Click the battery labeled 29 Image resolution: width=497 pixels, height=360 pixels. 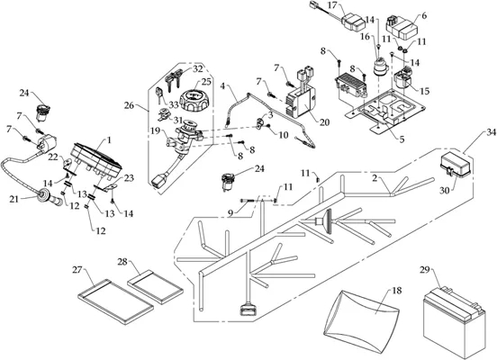[x=454, y=322]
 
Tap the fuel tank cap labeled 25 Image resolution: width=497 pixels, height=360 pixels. [x=194, y=100]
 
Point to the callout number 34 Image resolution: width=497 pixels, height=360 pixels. [x=491, y=132]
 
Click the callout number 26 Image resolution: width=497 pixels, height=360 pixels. [x=129, y=105]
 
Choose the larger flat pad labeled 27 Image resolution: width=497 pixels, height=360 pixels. [x=115, y=301]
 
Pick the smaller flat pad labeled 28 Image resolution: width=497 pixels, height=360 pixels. [x=155, y=287]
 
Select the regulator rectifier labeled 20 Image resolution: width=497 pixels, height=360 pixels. [x=301, y=102]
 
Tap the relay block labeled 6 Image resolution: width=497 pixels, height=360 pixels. [x=402, y=28]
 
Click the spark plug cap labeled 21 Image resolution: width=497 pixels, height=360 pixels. [x=49, y=197]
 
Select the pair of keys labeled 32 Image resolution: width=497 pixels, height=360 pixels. [x=172, y=80]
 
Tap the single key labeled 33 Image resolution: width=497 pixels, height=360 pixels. [x=159, y=96]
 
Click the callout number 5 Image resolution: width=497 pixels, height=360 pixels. [x=402, y=139]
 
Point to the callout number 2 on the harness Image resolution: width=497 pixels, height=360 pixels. [x=375, y=178]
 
